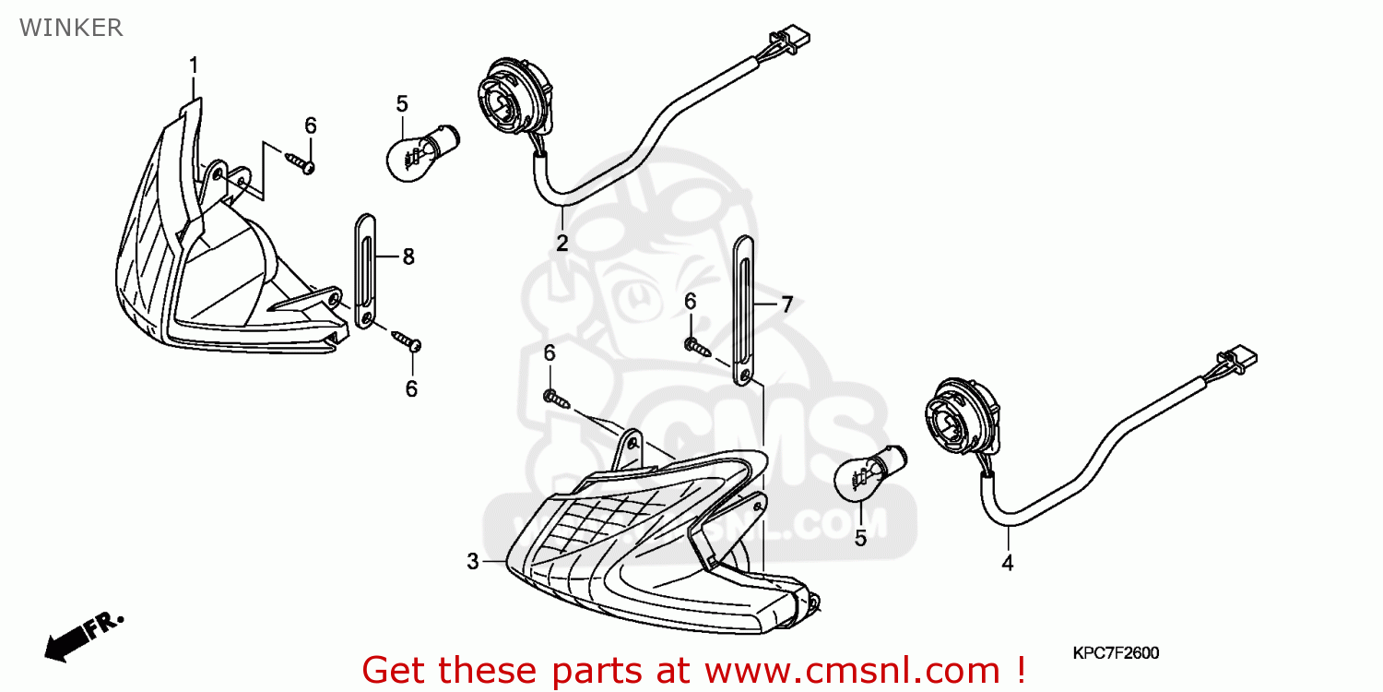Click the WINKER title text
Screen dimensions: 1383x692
pos(71,28)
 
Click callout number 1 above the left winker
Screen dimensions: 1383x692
pos(194,66)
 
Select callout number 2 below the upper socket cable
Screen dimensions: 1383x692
pos(561,243)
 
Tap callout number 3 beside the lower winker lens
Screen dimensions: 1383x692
pos(472,562)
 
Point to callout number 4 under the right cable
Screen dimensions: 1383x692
pos(1007,563)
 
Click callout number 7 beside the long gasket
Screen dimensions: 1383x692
pos(786,304)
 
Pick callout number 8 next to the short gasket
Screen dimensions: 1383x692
pos(408,257)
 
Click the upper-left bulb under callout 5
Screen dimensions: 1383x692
pos(422,154)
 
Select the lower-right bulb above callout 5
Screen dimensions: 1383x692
pos(870,474)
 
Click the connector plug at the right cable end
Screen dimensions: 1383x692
pos(1237,360)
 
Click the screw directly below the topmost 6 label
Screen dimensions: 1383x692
pos(301,162)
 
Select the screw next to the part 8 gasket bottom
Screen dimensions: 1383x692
pos(407,340)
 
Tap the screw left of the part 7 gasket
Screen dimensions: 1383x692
pos(697,348)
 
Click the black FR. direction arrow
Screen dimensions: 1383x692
pos(83,637)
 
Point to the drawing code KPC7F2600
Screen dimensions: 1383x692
pos(1116,653)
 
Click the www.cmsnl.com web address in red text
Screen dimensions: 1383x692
pos(853,671)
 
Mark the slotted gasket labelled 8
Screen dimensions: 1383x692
pos(365,271)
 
